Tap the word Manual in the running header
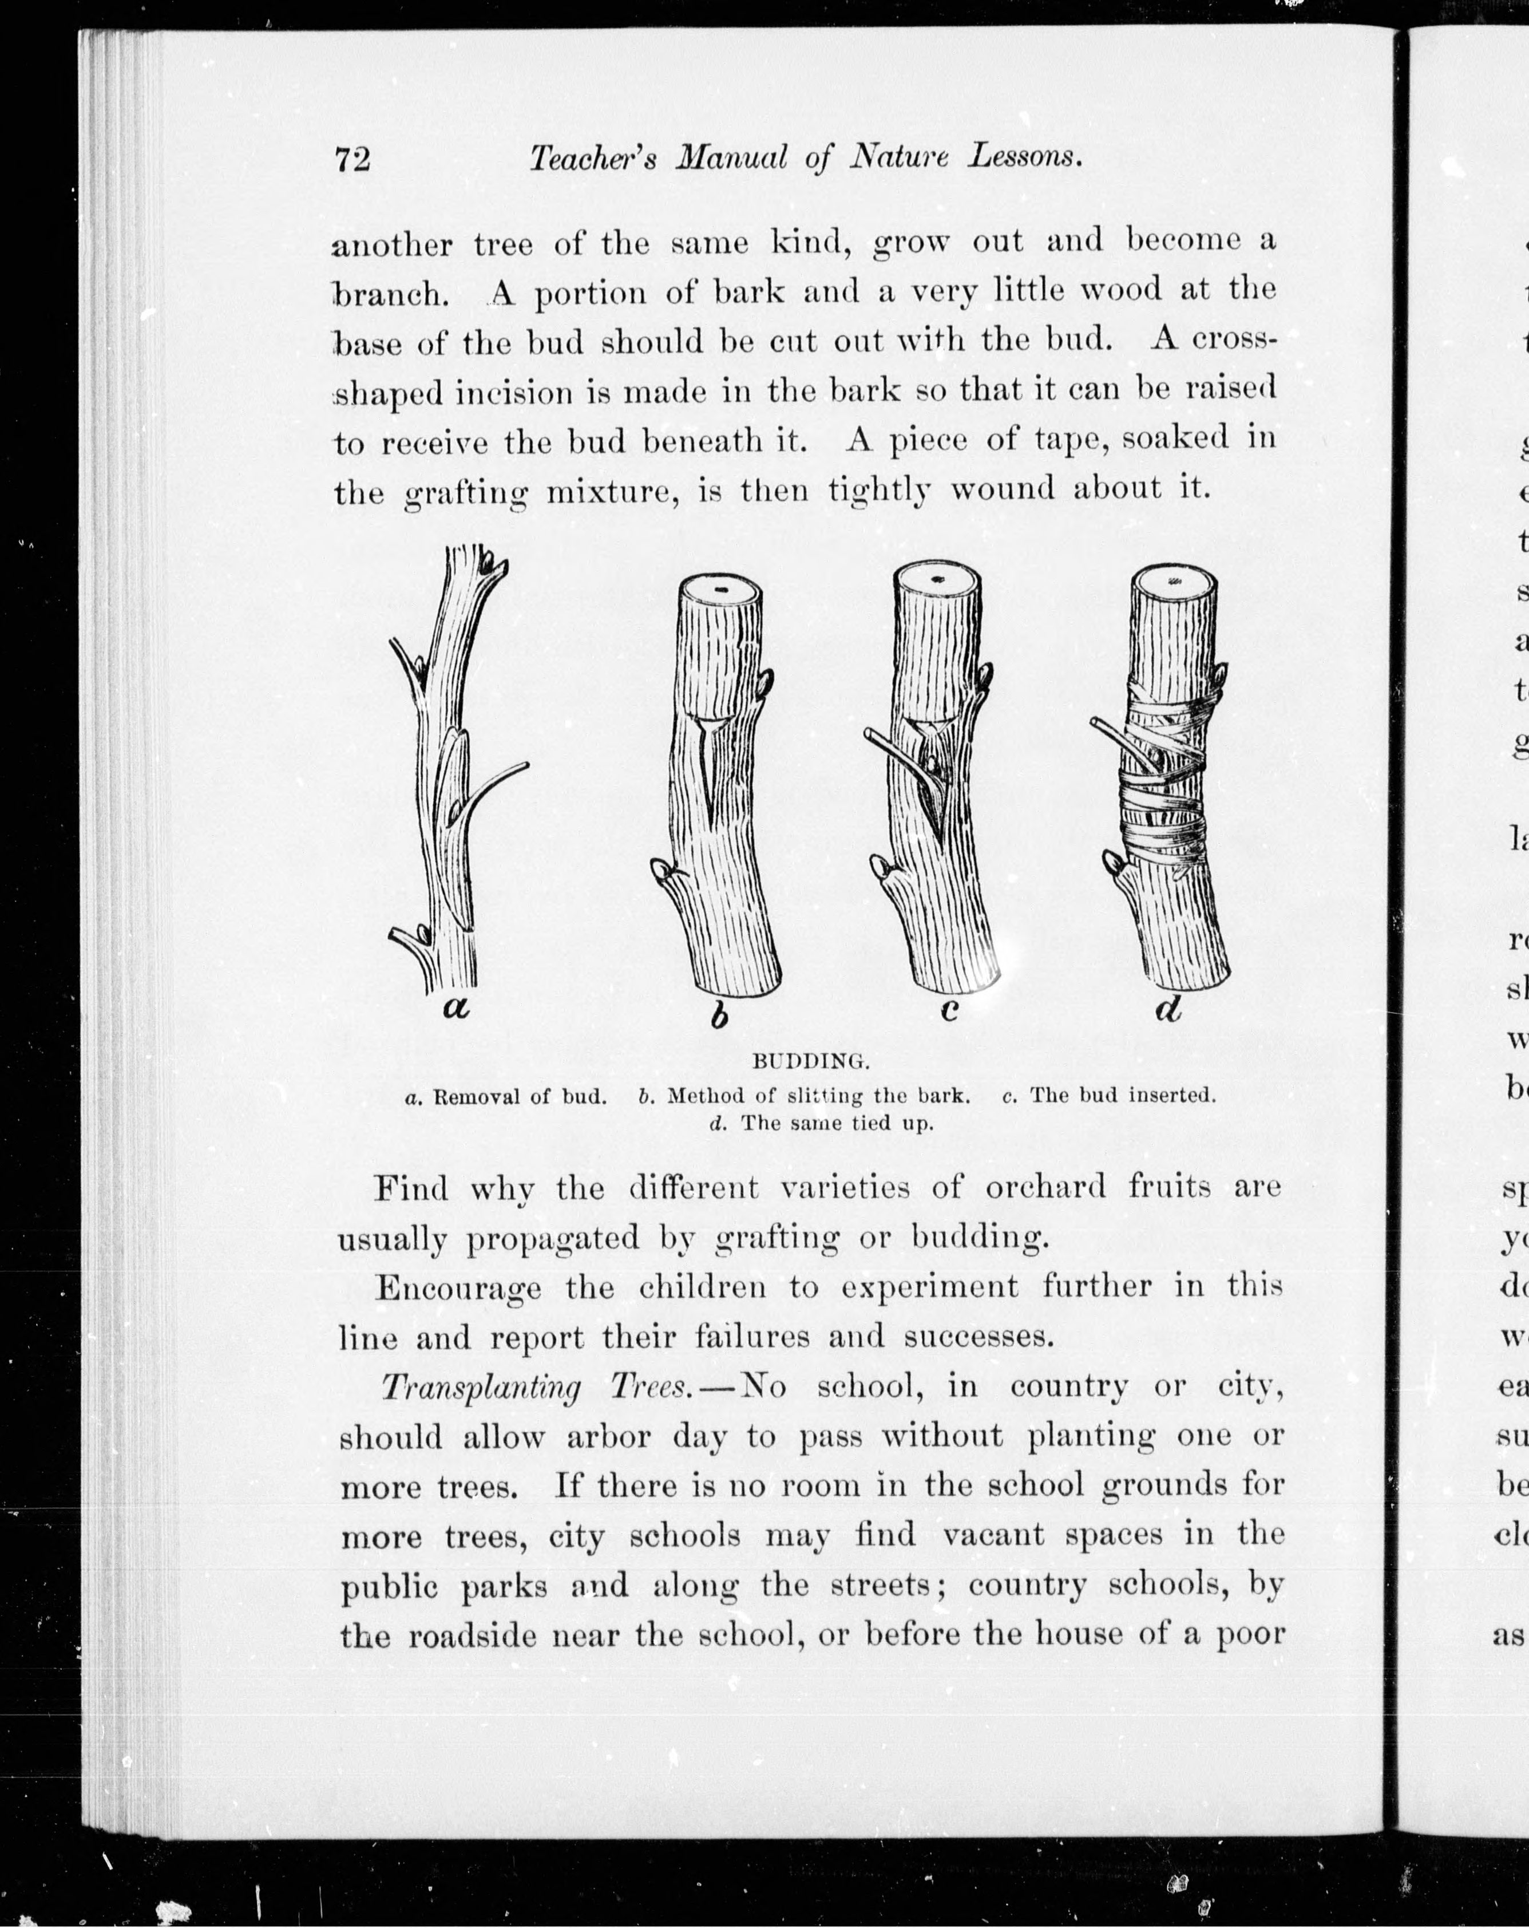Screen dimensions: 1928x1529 point(731,159)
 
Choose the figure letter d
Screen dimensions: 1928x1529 point(1168,1009)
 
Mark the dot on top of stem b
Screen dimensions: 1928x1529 point(720,591)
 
